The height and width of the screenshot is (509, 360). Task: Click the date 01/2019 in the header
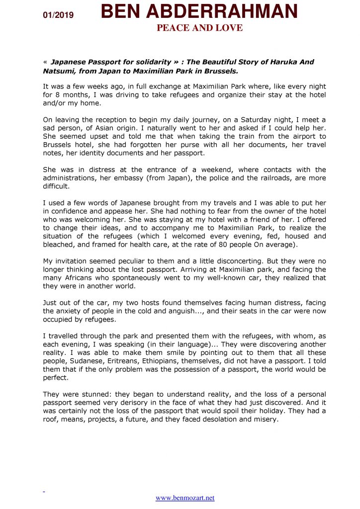[58, 15]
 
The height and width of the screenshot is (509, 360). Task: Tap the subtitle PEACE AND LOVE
[199, 28]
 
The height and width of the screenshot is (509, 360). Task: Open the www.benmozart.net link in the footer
[185, 498]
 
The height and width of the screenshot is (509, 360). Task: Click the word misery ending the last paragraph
[264, 420]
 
